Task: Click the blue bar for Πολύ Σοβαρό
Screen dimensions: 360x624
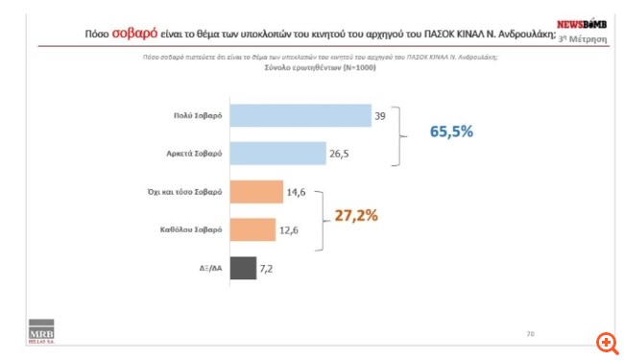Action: coord(300,115)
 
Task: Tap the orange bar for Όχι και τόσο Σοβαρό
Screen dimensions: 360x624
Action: coord(256,193)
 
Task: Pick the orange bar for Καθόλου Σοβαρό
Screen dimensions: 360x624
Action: coord(253,230)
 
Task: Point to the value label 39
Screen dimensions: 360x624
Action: coord(380,115)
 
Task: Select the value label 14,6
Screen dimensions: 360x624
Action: coord(298,193)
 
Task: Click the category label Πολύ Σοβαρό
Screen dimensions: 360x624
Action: coord(199,115)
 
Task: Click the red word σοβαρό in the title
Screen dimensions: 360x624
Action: coord(138,34)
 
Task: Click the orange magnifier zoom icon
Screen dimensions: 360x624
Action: coord(606,343)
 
